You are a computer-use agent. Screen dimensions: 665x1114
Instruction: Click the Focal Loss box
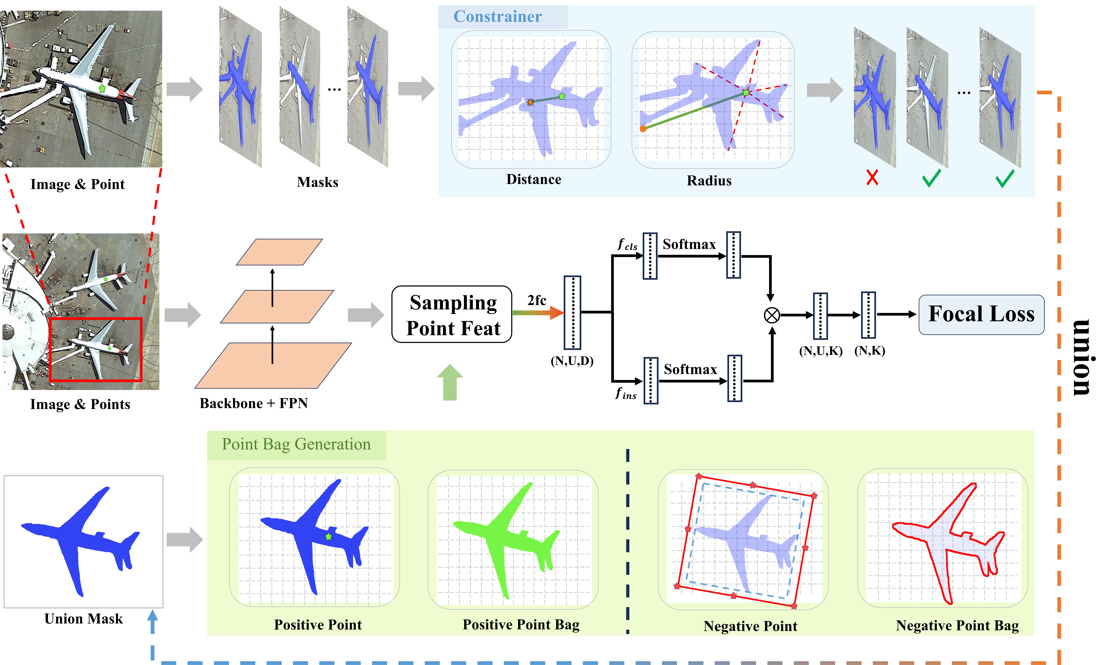(x=981, y=314)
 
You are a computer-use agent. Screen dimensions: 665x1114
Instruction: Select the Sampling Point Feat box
(x=452, y=315)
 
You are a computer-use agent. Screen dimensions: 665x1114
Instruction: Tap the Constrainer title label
(x=497, y=17)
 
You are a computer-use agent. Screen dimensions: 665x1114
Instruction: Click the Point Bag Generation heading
(x=296, y=444)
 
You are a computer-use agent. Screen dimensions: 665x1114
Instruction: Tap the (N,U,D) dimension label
(x=572, y=361)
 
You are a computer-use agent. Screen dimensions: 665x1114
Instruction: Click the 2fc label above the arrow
(x=536, y=300)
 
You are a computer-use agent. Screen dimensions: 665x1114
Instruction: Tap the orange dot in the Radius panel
(x=643, y=129)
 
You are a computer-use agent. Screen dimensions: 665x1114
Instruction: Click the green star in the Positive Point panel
(x=328, y=536)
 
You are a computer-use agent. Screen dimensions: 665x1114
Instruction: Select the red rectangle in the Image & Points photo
(x=95, y=350)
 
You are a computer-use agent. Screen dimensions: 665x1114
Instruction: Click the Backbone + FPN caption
(x=254, y=403)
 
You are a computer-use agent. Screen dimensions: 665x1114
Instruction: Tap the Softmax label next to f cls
(x=689, y=244)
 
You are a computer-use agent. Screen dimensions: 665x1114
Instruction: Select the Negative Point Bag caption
(x=957, y=626)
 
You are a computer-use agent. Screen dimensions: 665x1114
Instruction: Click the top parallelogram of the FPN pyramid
(x=279, y=252)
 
